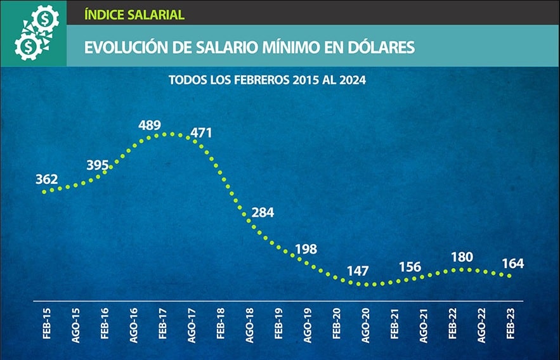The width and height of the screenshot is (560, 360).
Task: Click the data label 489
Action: click(150, 125)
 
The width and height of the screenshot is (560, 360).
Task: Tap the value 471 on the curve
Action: click(201, 133)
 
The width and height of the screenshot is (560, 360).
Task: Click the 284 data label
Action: click(263, 212)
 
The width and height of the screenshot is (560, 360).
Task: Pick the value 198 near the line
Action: click(306, 249)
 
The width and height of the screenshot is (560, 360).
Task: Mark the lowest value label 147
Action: click(358, 271)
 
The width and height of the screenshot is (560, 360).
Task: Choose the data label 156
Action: click(410, 267)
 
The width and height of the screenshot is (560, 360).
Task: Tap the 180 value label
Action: click(461, 257)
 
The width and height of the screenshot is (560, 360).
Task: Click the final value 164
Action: click(512, 263)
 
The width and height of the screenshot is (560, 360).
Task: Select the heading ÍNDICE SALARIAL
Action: click(134, 14)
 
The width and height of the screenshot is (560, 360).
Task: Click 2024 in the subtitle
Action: click(353, 80)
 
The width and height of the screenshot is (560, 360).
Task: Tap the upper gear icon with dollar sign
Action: click(45, 20)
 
